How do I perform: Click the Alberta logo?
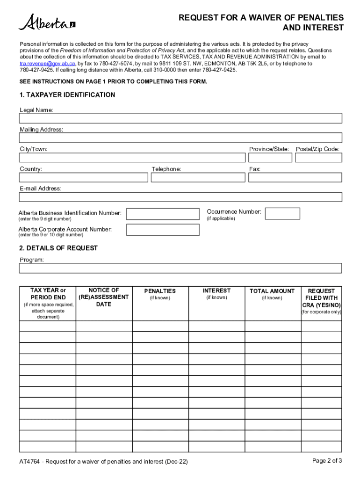point(46,22)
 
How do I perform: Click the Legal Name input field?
point(180,118)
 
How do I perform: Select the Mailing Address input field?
point(180,138)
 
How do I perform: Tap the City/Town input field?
point(131,158)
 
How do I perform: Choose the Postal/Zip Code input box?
point(318,158)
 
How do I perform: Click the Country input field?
point(84,177)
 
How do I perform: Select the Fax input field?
point(295,177)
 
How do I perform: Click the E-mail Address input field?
point(180,197)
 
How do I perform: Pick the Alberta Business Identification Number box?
point(162,214)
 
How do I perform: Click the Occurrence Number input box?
point(282,214)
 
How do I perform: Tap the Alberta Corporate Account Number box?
point(162,230)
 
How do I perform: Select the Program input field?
point(180,268)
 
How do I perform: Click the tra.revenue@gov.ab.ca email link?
point(47,63)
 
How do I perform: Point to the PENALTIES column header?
point(160,291)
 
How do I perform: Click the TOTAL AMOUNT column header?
point(272,291)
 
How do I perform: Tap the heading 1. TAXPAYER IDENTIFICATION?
point(67,95)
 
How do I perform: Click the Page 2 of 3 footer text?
point(327,461)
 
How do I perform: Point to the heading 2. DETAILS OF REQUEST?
point(59,248)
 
